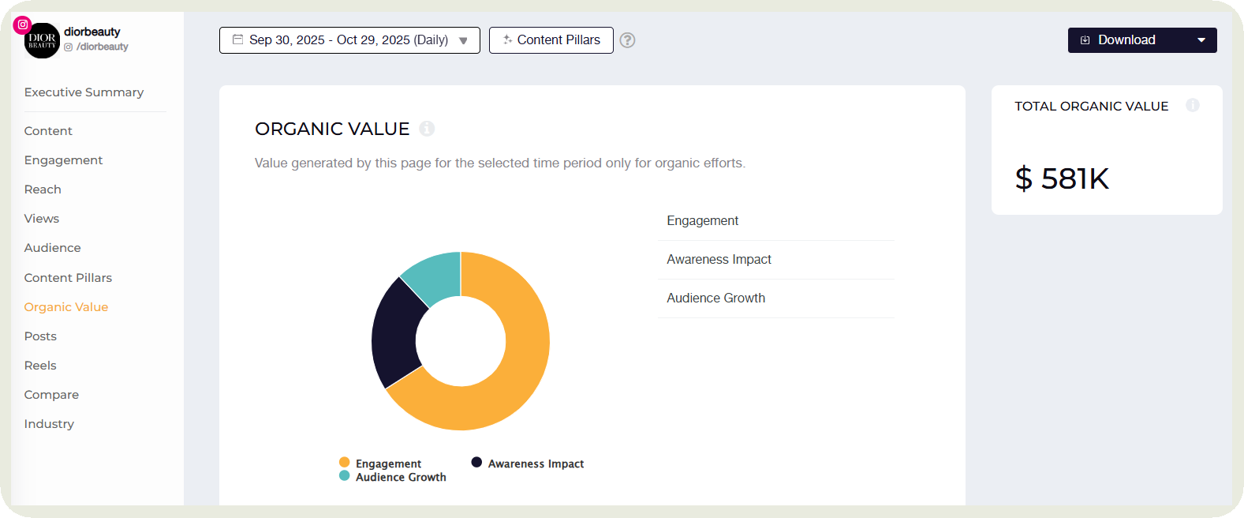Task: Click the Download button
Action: click(1141, 40)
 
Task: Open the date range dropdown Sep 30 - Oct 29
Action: click(349, 40)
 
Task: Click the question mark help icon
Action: click(627, 40)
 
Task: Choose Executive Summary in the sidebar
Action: click(84, 92)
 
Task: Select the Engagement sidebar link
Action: click(63, 160)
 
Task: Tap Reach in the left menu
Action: click(43, 190)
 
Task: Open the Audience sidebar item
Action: click(52, 248)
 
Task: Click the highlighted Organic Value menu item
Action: click(66, 307)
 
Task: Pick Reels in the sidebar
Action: click(40, 366)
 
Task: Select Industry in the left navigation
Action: click(49, 424)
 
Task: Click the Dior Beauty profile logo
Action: click(43, 41)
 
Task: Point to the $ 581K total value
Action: click(1062, 178)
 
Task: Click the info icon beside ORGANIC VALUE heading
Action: click(427, 129)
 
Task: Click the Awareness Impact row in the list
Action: click(719, 260)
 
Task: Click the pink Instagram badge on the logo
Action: click(23, 24)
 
